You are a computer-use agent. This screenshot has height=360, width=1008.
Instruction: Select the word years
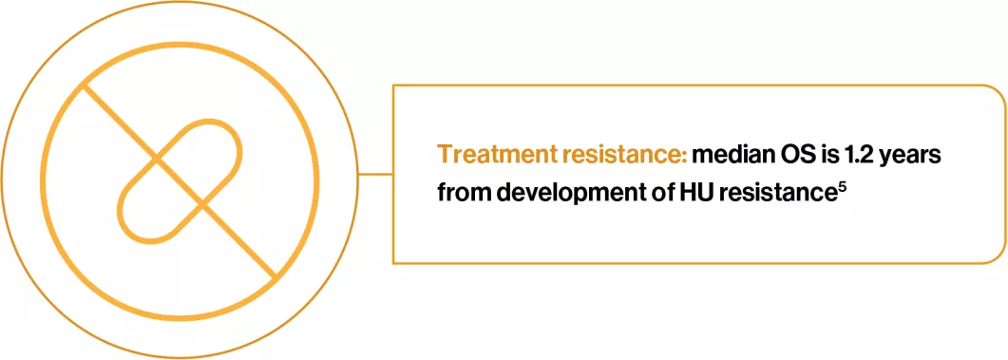click(915, 155)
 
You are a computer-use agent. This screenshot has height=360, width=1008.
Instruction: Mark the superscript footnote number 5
click(842, 184)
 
